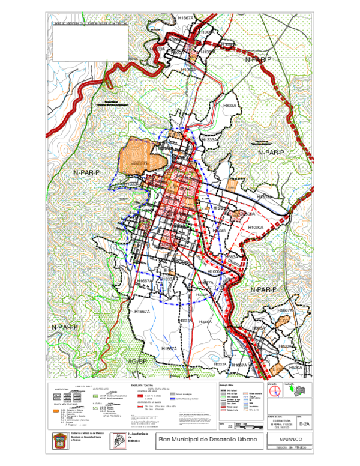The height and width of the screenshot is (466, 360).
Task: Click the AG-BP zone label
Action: [137, 362]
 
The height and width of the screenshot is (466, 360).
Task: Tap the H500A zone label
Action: [295, 368]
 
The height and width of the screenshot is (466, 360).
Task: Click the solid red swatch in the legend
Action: [140, 397]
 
